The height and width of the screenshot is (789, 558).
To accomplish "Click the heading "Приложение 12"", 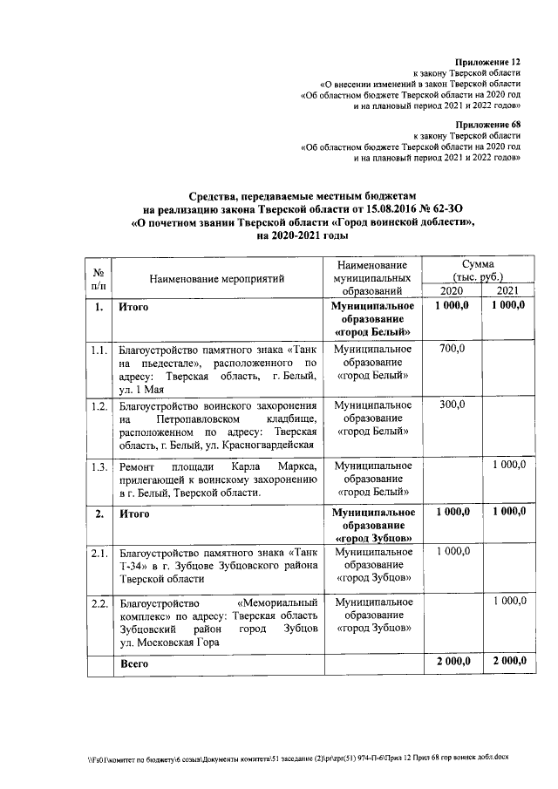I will pos(487,63).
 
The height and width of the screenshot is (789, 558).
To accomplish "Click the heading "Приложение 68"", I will pos(487,125).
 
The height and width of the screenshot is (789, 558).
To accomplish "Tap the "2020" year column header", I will pos(452,291).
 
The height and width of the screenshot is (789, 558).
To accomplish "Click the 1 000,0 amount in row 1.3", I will pos(507,465).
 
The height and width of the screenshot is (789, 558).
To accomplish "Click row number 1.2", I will pos(99,406).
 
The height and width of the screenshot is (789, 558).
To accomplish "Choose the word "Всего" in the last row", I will pos(134,663).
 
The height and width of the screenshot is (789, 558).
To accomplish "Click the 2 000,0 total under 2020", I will pos(452,663).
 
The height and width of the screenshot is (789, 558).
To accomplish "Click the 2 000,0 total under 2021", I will pos(507,663).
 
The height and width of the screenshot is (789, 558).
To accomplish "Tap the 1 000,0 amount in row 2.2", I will pos(507,602).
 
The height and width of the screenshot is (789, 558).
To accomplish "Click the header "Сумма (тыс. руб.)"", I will pos(479,269).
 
